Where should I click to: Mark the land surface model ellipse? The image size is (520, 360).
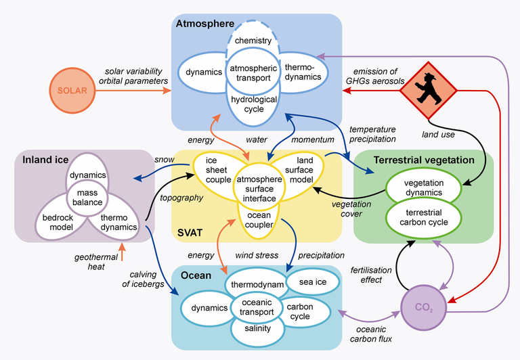click(295, 169)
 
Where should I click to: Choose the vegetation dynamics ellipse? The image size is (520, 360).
click(422, 187)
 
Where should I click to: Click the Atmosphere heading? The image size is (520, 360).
click(204, 24)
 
